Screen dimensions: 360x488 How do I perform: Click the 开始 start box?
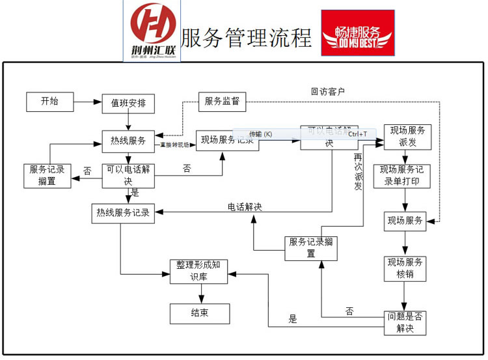coord(49,102)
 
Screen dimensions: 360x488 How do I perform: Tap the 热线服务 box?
coord(128,141)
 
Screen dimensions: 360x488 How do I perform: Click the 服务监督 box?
coord(222,102)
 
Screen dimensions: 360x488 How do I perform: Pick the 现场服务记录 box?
coord(228,140)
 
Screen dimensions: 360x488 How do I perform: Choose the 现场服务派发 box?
coord(405,136)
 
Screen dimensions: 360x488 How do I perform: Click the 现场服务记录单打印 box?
coord(401,176)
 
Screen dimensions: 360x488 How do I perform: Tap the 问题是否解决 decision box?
coord(405,322)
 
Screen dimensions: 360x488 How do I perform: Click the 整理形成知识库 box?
coord(199,271)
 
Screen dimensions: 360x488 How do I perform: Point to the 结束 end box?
coord(199,313)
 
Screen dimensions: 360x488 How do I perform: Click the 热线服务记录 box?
coord(124,213)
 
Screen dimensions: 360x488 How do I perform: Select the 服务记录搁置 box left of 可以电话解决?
coord(46,175)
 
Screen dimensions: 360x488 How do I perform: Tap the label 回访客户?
coord(327,92)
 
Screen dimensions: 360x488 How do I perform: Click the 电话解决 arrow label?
coord(245,207)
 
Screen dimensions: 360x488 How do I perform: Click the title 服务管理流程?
coord(246,38)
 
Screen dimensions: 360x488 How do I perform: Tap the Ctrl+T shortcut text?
coord(357,134)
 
